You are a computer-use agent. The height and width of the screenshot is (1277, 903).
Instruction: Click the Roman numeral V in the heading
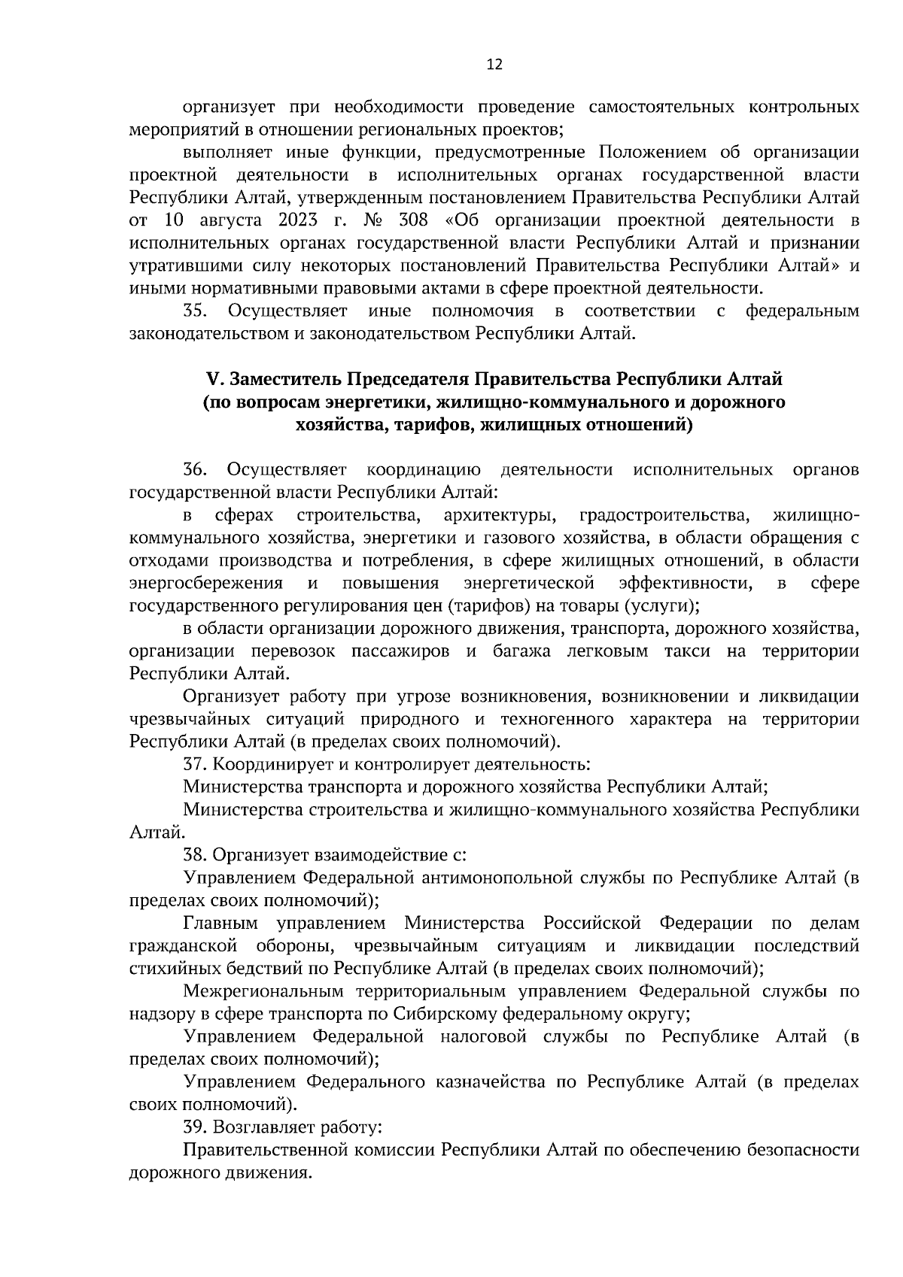pos(212,378)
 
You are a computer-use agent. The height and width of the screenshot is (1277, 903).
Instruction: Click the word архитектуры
pos(500,516)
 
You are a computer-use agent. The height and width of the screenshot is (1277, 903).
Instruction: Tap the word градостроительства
pos(665,516)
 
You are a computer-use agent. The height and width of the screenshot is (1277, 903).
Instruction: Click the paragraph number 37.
pos(195,765)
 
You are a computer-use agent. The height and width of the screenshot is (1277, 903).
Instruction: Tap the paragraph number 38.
pos(195,855)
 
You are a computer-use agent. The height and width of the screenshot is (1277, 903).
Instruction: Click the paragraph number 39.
pos(195,1127)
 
